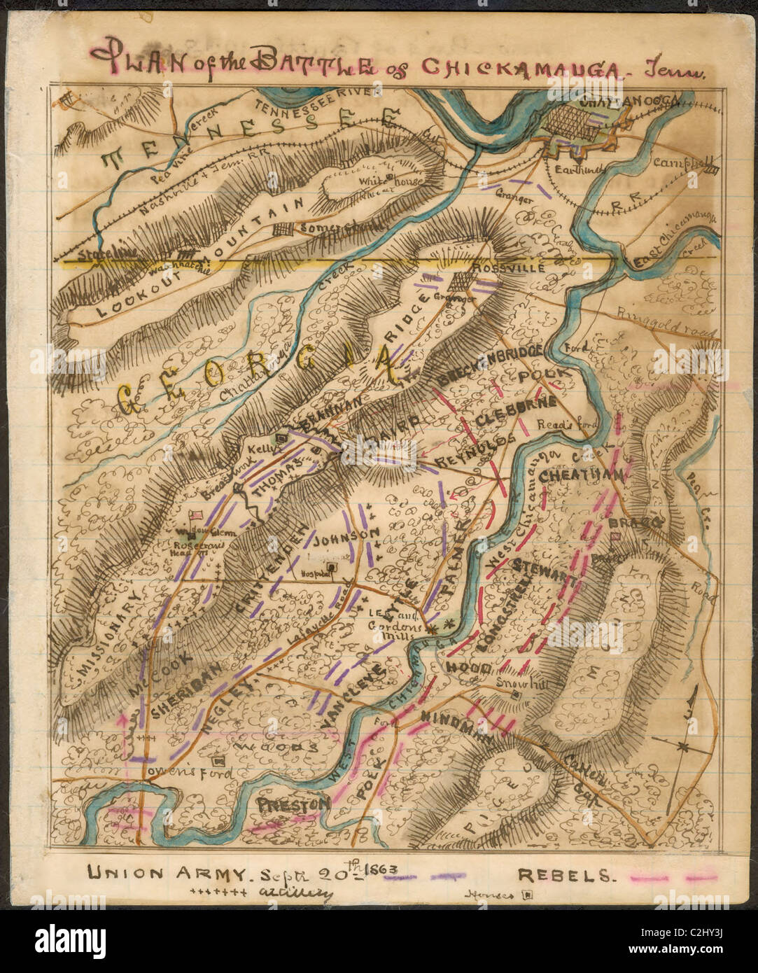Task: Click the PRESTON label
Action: pos(293,805)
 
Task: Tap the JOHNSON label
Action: pos(345,538)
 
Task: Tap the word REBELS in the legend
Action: pos(566,874)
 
